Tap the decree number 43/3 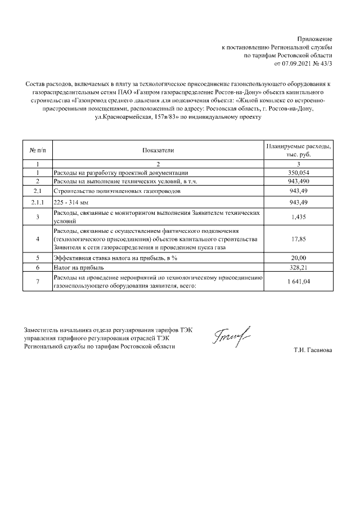tap(325, 64)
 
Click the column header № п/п tap(37, 150)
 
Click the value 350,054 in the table tap(299, 173)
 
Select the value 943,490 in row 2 tap(299, 182)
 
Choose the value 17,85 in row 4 tap(299, 239)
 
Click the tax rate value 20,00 tap(299, 258)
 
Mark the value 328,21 tap(299, 268)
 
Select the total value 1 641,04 tap(299, 282)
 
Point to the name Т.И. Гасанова tap(313, 350)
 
